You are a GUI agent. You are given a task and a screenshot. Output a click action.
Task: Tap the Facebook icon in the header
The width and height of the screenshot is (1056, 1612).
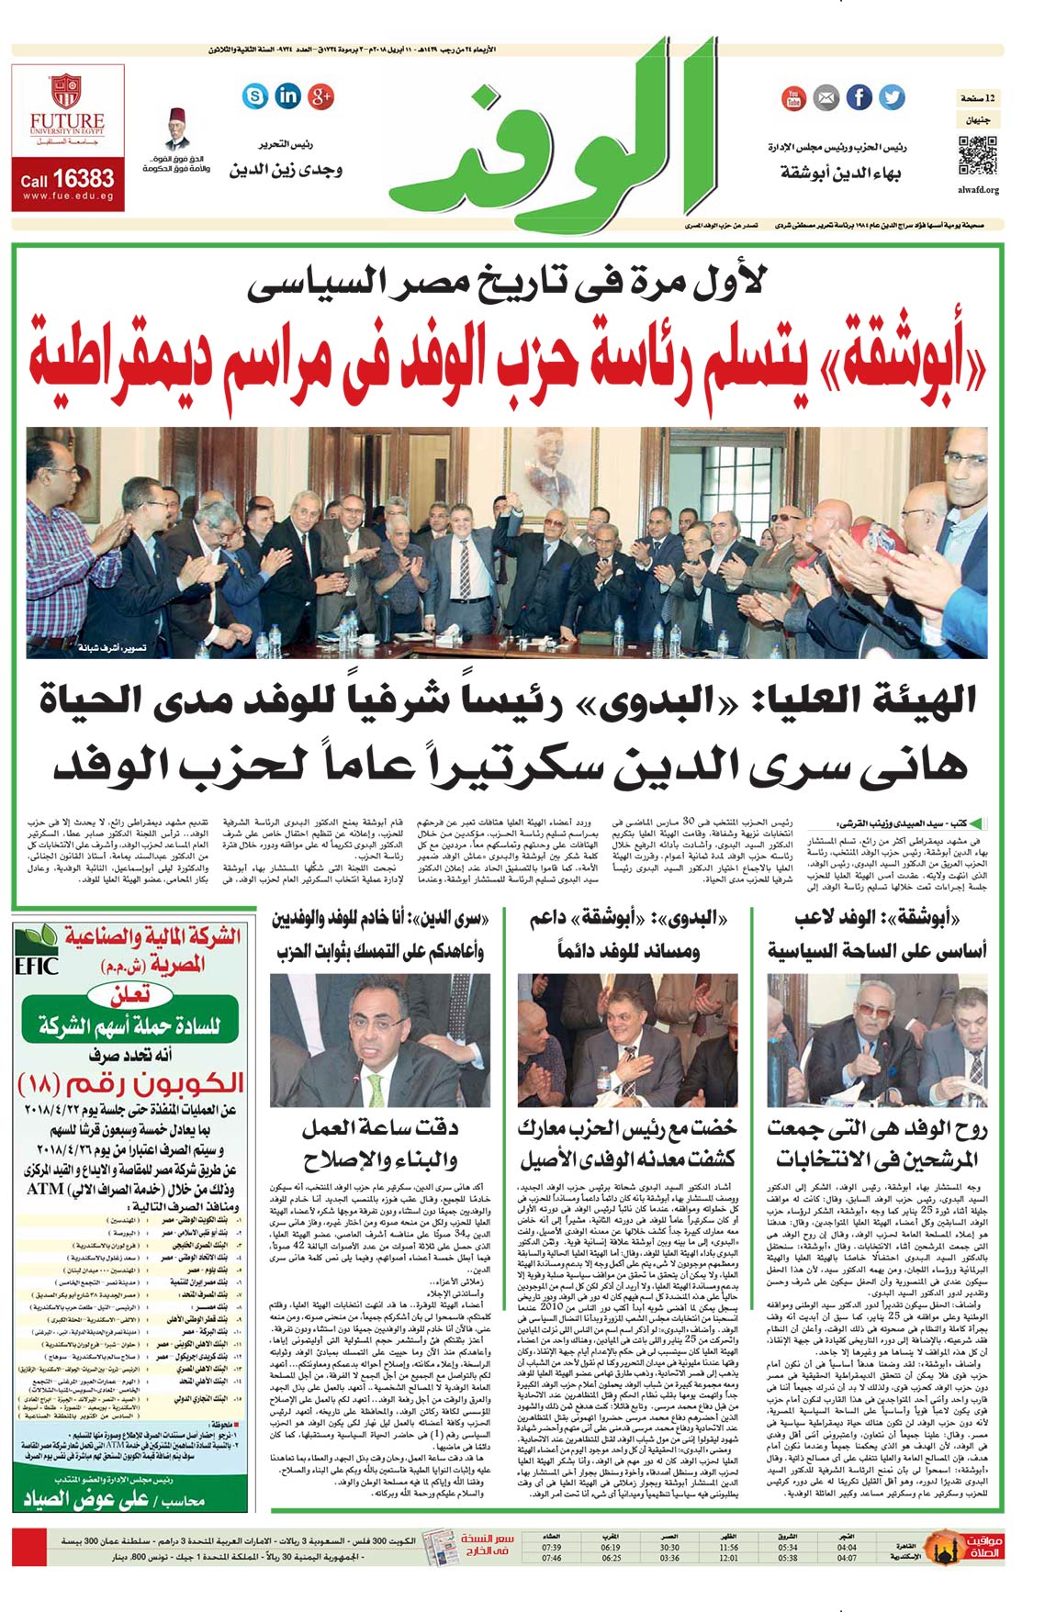click(x=859, y=96)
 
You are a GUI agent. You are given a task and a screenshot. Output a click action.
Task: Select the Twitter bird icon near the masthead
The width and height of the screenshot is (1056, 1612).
click(x=892, y=96)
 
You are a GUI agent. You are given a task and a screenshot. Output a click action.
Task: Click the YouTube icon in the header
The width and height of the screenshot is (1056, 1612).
click(x=793, y=97)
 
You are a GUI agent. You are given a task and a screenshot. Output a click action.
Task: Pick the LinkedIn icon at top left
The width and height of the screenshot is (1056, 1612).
click(x=288, y=95)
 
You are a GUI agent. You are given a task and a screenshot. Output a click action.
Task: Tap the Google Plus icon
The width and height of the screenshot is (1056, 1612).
click(x=320, y=95)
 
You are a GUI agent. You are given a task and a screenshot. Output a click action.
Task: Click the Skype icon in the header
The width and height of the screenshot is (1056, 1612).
click(x=255, y=95)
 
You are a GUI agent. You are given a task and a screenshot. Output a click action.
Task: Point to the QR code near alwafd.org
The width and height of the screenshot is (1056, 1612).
click(x=977, y=154)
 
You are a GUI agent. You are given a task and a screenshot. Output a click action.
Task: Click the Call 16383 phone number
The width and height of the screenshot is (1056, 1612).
click(x=68, y=179)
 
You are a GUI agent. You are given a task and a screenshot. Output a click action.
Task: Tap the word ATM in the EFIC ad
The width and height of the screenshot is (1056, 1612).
click(x=45, y=1189)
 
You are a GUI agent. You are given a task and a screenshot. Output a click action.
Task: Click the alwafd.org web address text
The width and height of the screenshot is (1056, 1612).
click(x=978, y=190)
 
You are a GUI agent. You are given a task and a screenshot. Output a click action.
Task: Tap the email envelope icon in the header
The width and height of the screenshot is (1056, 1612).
click(x=826, y=97)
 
